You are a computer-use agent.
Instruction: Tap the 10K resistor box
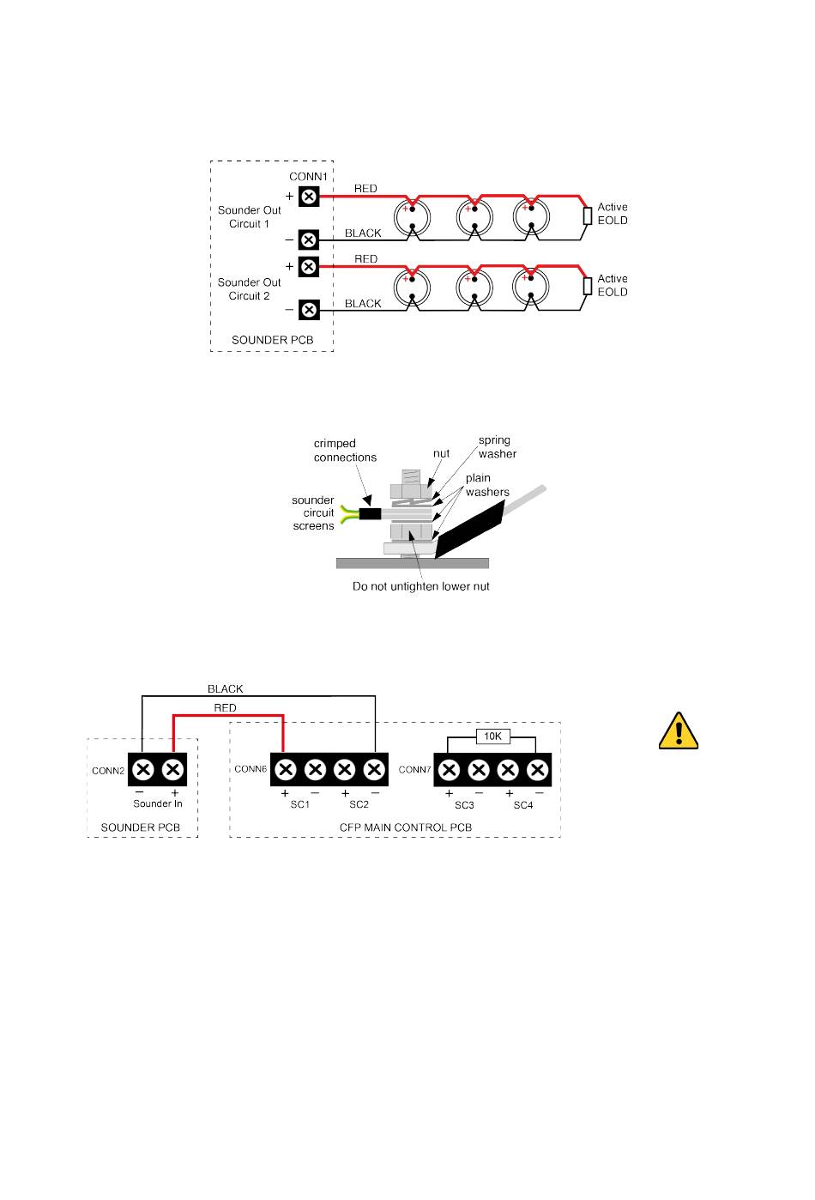[x=492, y=736]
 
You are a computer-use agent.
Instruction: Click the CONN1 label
[x=308, y=177]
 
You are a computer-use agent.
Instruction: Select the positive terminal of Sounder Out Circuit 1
[x=309, y=197]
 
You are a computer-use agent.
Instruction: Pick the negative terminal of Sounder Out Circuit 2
[x=309, y=310]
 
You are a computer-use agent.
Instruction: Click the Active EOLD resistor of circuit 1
[x=587, y=215]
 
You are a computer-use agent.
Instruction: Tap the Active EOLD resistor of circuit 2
[x=587, y=287]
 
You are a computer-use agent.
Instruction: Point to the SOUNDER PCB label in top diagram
[x=272, y=340]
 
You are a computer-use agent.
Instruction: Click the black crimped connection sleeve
[x=370, y=514]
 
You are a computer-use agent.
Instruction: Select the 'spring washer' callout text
[x=497, y=447]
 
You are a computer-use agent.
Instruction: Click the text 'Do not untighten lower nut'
[x=421, y=587]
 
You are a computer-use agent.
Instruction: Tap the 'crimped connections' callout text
[x=345, y=451]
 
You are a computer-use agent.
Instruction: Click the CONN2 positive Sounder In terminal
[x=173, y=768]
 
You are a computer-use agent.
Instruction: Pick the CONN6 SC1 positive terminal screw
[x=286, y=768]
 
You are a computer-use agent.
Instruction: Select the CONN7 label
[x=414, y=770]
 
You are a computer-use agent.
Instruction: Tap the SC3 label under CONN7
[x=464, y=805]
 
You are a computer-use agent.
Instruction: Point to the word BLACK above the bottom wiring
[x=225, y=689]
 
